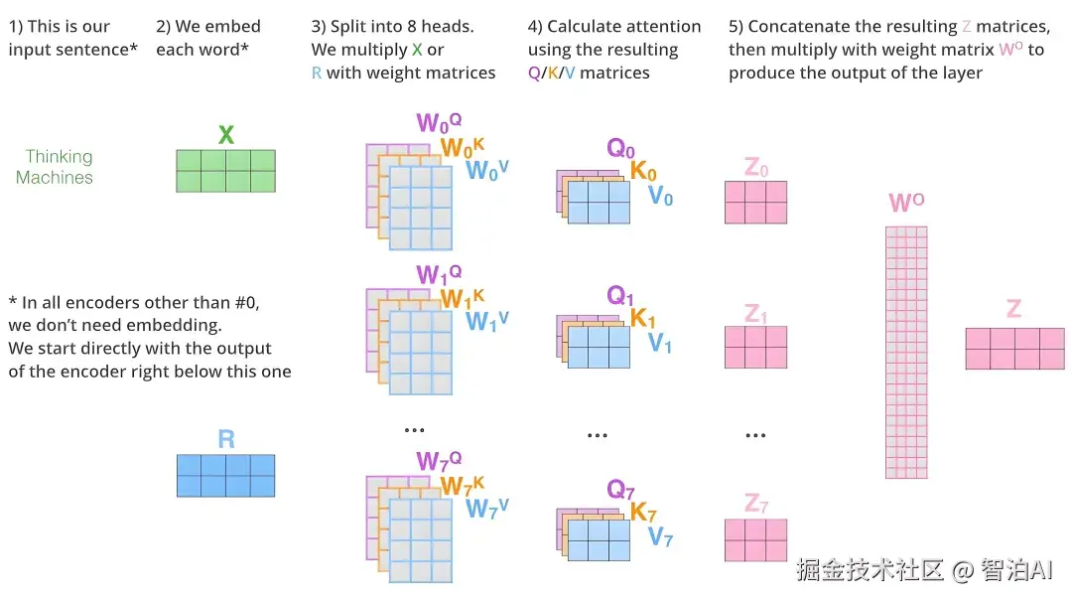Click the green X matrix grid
point(225,171)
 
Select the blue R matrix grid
point(225,476)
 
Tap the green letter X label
point(226,135)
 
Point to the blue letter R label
point(226,439)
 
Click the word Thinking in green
point(60,156)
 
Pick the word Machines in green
point(55,178)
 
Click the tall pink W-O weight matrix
point(906,352)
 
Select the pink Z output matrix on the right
point(1014,349)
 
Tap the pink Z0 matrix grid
point(755,203)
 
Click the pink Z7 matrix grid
point(755,540)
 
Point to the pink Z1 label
point(755,314)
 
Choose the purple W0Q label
point(439,123)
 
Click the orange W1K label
point(463,298)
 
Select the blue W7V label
point(487,509)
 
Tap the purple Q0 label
point(620,149)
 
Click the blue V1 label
point(660,344)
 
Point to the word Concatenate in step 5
point(799,27)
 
